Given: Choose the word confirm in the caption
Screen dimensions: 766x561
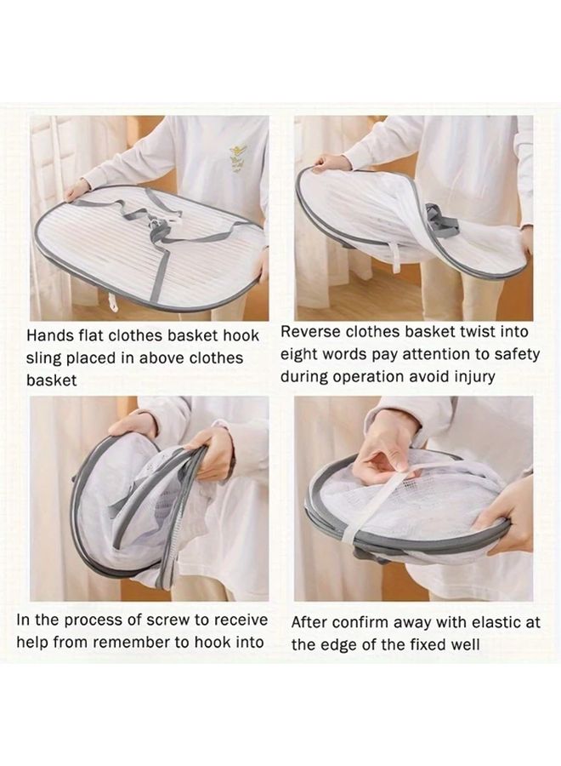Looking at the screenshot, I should coord(354,622).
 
